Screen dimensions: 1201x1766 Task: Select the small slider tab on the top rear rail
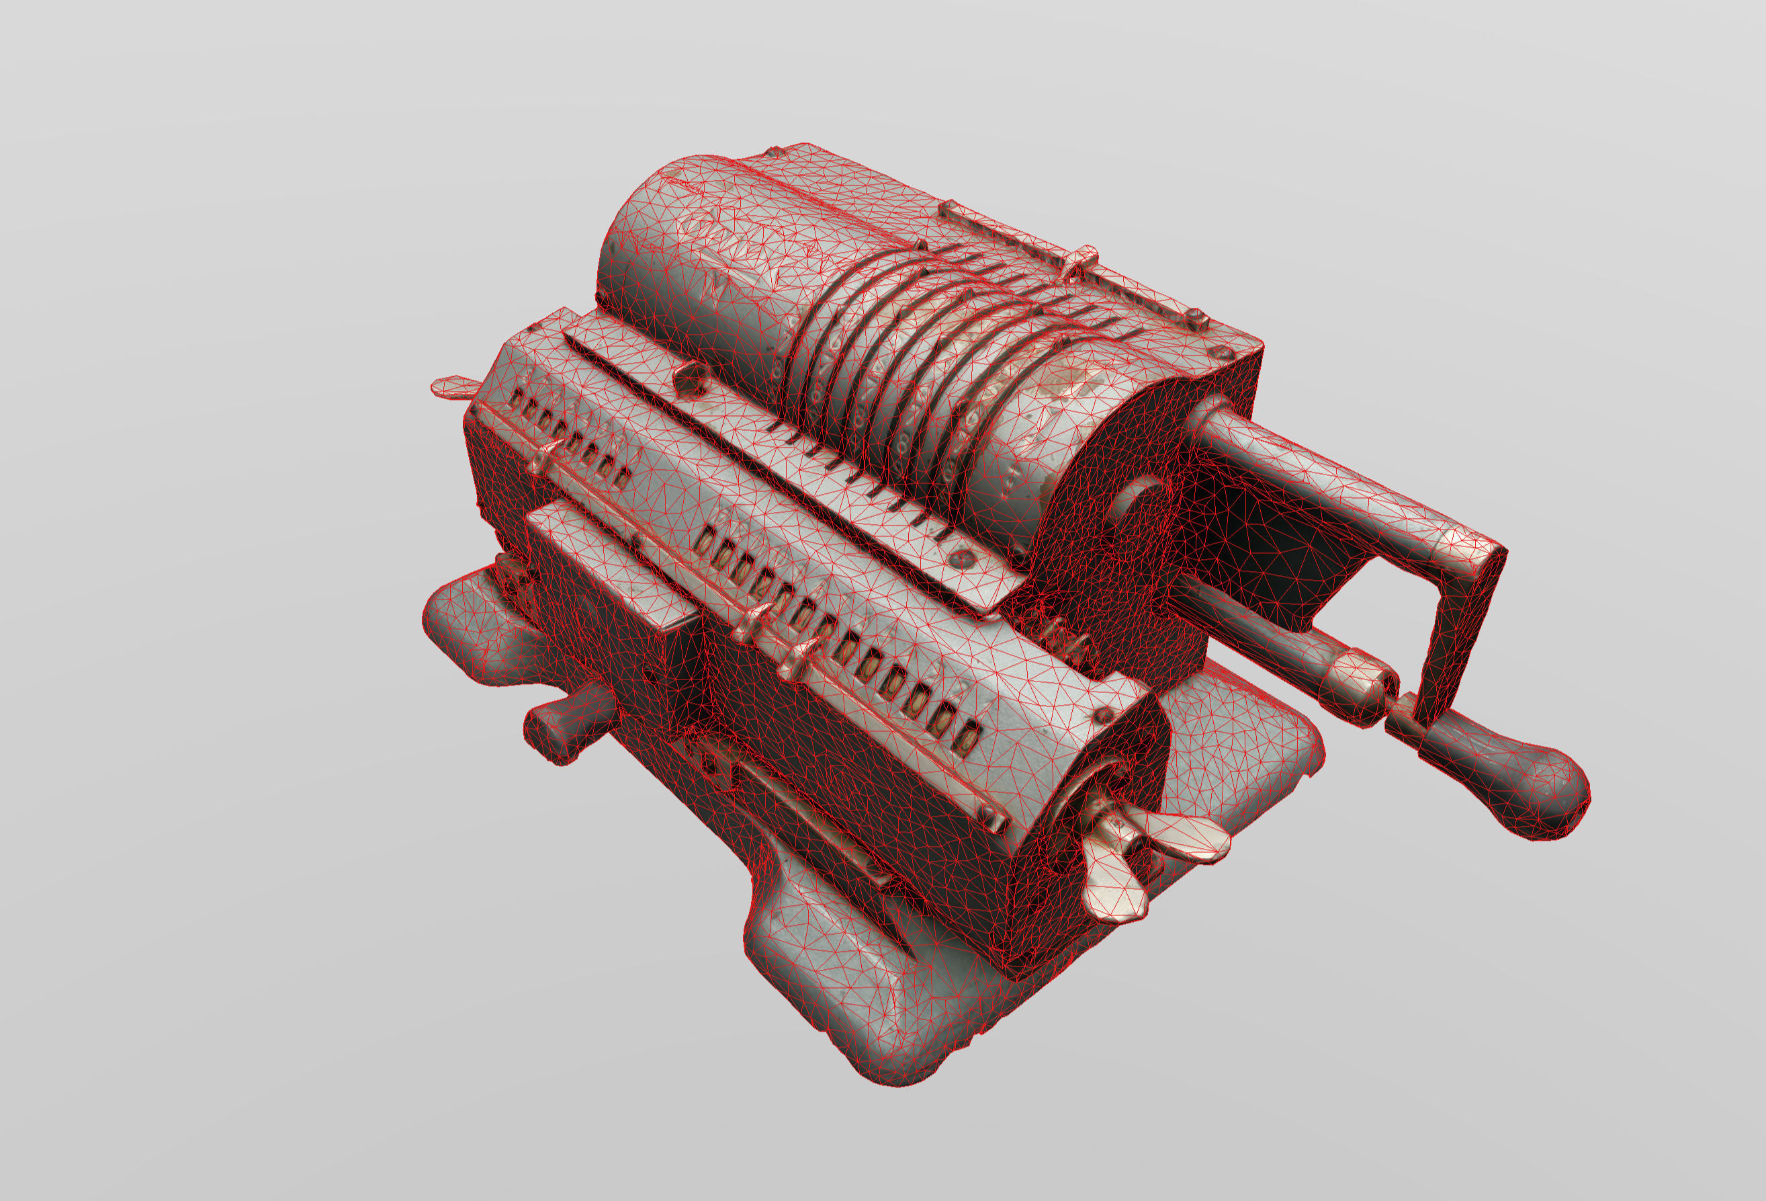[x=1083, y=262]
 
